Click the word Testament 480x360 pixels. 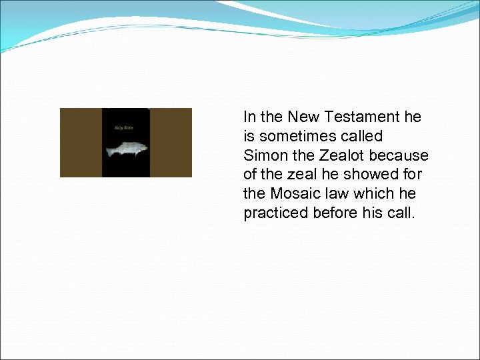(x=362, y=117)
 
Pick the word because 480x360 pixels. (x=399, y=156)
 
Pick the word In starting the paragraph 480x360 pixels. (x=249, y=117)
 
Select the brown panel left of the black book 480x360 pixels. (x=81, y=143)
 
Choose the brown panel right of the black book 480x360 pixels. (x=171, y=143)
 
